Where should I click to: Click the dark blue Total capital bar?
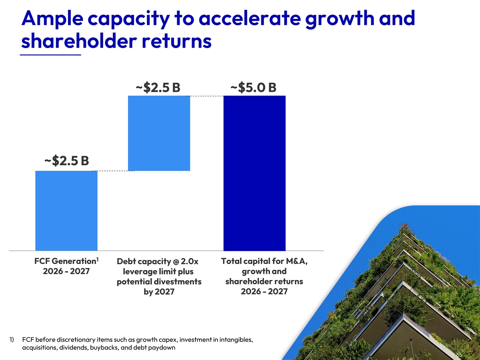coord(254,173)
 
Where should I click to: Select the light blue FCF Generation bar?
coord(66,210)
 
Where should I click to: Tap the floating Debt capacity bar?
coord(159,133)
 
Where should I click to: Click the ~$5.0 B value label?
coord(253,87)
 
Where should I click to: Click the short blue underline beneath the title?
coord(50,55)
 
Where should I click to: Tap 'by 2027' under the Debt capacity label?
coord(159,292)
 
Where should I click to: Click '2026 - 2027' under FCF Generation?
coord(66,271)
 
